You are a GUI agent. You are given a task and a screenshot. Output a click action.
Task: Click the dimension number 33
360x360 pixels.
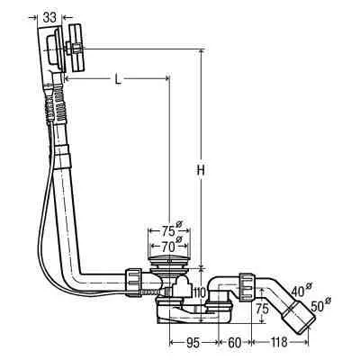[x=49, y=18]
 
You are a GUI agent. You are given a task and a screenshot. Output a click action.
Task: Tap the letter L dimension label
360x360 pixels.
[x=118, y=79]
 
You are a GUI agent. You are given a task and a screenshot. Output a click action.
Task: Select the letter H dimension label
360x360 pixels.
[x=201, y=170]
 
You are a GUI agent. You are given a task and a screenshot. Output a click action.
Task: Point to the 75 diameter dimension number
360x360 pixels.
[x=168, y=231]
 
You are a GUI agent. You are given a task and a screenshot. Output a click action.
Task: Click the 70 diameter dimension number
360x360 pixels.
[x=168, y=247]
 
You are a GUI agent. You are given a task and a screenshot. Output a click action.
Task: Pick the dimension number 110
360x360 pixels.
[x=201, y=292]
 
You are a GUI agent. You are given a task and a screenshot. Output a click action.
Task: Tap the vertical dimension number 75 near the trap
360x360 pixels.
[x=262, y=309]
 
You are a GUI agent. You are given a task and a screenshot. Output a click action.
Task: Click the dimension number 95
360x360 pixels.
[x=193, y=343]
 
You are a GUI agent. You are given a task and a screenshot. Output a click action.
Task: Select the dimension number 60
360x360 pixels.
[x=234, y=343]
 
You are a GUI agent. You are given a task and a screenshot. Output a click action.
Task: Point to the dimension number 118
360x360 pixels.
[x=279, y=343]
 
